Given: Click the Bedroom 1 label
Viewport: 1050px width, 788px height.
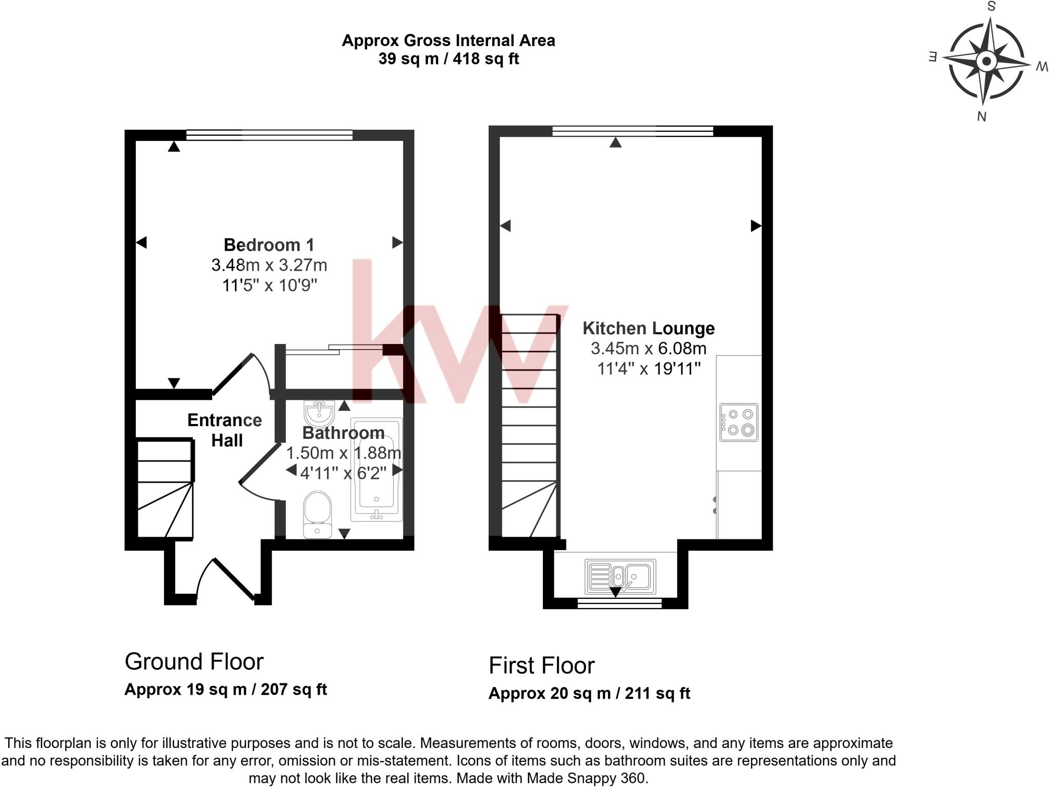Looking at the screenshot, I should [269, 245].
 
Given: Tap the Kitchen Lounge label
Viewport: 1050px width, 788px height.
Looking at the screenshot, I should [649, 328].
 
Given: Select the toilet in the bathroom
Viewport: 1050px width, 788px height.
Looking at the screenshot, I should [317, 515].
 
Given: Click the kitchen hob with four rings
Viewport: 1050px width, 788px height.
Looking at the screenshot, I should [739, 422].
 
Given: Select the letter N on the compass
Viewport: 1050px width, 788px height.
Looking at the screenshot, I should [981, 117].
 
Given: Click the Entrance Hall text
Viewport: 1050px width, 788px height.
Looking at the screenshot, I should [225, 430].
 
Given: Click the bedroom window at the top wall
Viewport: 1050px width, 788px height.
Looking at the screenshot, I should [269, 135].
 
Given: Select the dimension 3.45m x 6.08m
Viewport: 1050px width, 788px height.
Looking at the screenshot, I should [649, 349].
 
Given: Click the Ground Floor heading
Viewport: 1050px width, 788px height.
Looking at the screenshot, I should [194, 661].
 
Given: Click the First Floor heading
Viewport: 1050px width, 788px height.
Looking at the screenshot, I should [541, 665].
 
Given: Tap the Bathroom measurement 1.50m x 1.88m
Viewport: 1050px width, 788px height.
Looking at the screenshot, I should [343, 453].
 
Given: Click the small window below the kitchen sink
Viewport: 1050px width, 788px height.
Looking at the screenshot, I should [619, 603].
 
